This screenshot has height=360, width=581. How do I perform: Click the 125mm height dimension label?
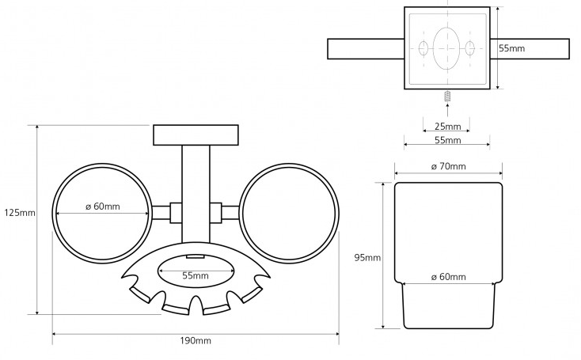[19, 213]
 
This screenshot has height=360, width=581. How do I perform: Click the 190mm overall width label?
[196, 341]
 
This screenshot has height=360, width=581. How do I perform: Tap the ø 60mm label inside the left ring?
[103, 207]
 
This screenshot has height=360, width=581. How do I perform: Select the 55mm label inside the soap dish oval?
[196, 276]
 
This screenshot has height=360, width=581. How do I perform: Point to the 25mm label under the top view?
[447, 127]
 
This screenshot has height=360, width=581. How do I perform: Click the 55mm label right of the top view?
[511, 48]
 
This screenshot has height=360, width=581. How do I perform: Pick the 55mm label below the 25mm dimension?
[447, 140]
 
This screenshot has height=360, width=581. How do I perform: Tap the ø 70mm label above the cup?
[448, 166]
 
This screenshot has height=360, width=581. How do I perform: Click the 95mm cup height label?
[367, 258]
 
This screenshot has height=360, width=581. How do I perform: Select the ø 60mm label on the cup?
[448, 277]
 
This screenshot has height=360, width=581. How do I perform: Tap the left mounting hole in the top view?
[423, 47]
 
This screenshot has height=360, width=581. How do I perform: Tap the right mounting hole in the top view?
[470, 47]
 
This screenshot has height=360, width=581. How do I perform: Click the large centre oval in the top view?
[447, 47]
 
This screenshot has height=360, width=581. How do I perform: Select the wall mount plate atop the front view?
[196, 135]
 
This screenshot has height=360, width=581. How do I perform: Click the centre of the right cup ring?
[288, 214]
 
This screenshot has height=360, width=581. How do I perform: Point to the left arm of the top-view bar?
[365, 48]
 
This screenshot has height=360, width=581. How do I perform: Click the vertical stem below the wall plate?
[196, 178]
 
